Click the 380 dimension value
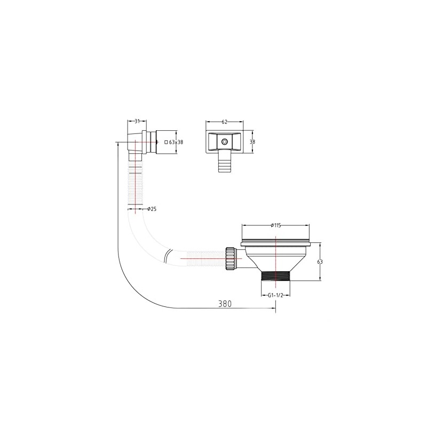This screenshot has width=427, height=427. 225,303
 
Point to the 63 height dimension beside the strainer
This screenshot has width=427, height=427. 320,262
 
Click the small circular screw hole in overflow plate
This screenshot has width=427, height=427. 224,142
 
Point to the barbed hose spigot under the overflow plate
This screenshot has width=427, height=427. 223,162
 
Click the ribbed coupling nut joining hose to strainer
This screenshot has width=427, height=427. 231,258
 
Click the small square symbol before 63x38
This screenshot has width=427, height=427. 166,142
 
